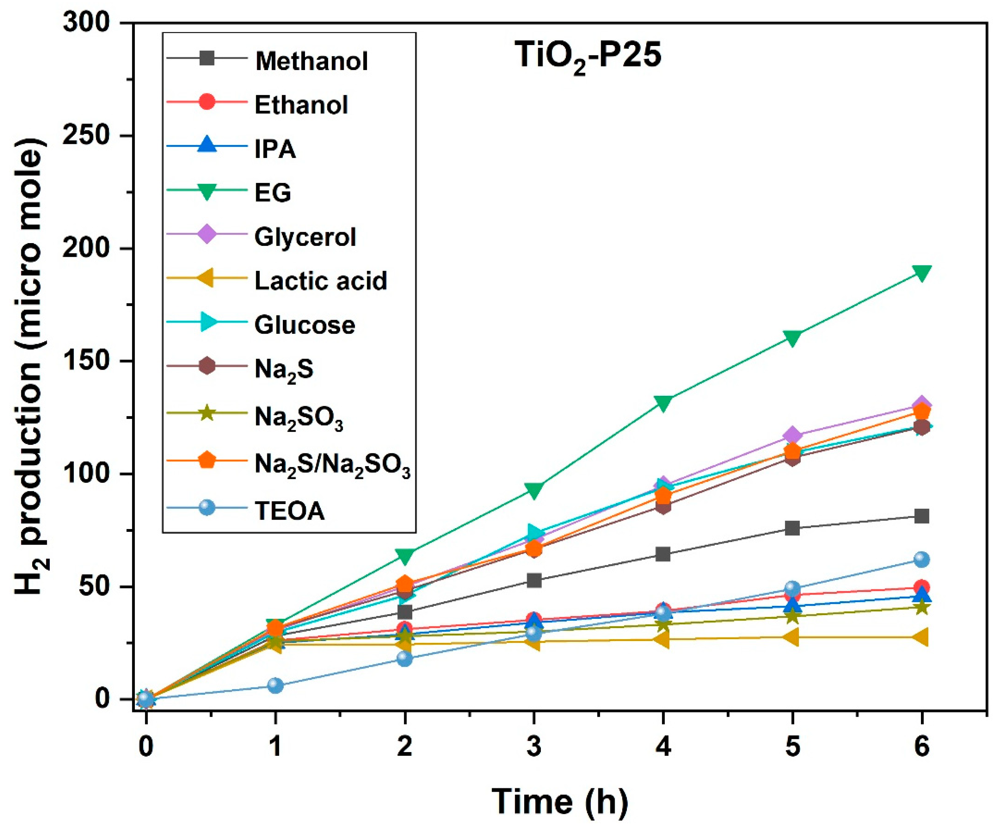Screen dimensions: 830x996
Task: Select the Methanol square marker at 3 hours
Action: pyautogui.click(x=534, y=580)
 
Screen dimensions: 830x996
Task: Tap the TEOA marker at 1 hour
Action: pyautogui.click(x=275, y=685)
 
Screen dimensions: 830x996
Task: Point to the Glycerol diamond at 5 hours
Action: pyautogui.click(x=792, y=435)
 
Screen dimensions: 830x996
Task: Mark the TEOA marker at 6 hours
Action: pyautogui.click(x=921, y=560)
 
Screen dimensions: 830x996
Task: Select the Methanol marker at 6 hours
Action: pyautogui.click(x=921, y=516)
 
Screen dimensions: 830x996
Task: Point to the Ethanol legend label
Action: pyautogui.click(x=301, y=105)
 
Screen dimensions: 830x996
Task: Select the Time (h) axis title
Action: pyautogui.click(x=560, y=802)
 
